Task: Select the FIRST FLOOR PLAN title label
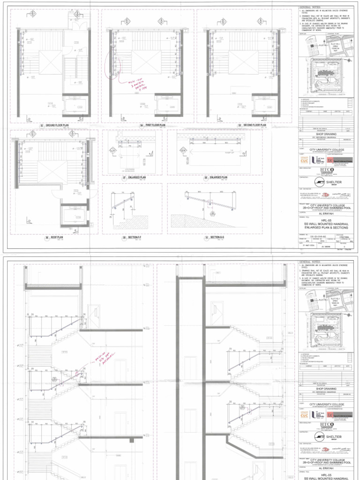(156, 126)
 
